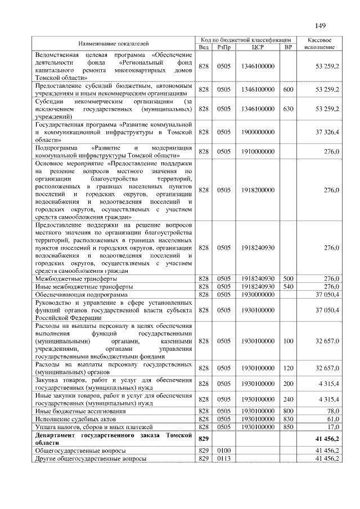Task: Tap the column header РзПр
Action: tap(224, 47)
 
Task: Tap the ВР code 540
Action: tap(288, 286)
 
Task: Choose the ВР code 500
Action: tap(288, 278)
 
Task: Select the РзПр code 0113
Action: tap(224, 459)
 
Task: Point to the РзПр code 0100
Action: tap(224, 451)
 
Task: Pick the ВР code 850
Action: tap(288, 427)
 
